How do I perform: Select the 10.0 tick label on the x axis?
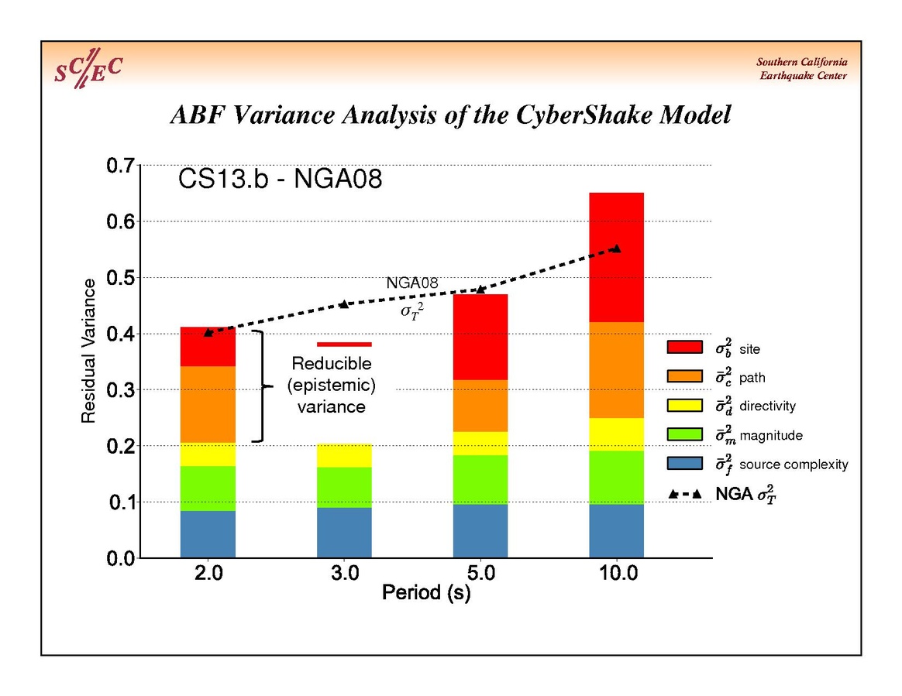[x=617, y=574]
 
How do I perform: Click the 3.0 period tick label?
[x=344, y=574]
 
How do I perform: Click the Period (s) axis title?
[x=426, y=594]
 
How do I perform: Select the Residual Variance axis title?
[x=89, y=351]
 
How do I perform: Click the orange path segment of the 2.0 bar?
[x=208, y=404]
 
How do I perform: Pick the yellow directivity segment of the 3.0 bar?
[x=344, y=455]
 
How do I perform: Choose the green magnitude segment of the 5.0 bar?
[x=480, y=479]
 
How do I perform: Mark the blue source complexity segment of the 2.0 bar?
[x=208, y=534]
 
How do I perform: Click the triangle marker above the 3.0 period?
[x=344, y=303]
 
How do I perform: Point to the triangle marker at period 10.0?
[x=617, y=249]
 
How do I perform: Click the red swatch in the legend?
[x=685, y=348]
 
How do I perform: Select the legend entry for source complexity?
[x=794, y=465]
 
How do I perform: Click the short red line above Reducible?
[x=344, y=344]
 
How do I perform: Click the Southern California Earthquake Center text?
[x=801, y=69]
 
